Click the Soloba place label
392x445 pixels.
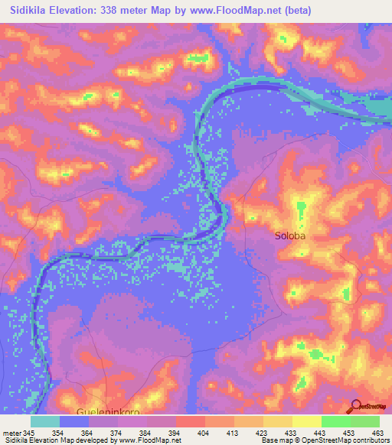click(x=290, y=236)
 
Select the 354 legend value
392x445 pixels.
click(x=58, y=433)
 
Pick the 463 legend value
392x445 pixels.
click(x=378, y=433)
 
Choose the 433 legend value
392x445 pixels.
click(x=291, y=433)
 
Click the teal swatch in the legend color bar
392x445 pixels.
click(x=45, y=421)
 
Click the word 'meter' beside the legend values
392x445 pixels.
click(x=11, y=433)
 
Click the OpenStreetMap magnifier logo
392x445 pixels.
click(x=356, y=407)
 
